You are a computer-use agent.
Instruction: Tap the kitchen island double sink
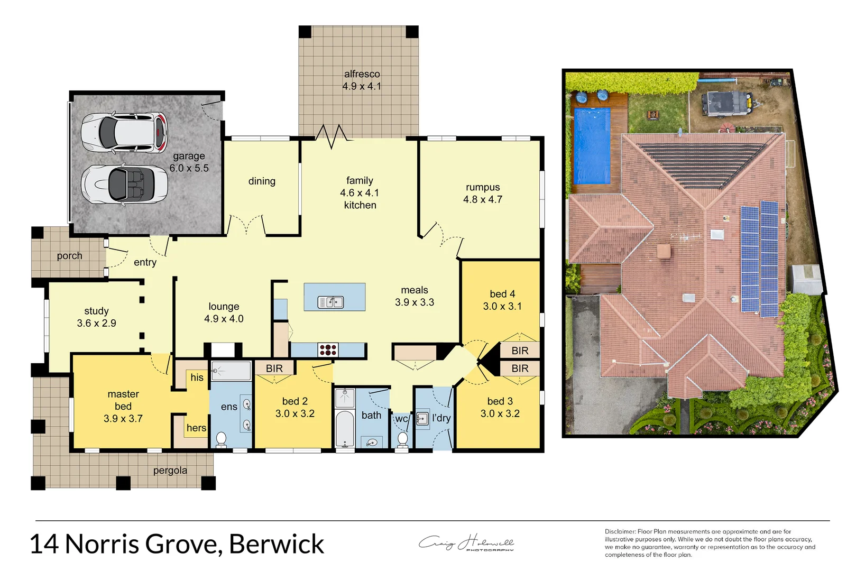tap(330, 302)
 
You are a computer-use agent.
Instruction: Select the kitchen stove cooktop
tap(328, 349)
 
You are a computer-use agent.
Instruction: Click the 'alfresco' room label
tap(362, 74)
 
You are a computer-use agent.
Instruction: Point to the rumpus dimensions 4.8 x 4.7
tap(482, 199)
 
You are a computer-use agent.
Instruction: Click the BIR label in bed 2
tap(274, 368)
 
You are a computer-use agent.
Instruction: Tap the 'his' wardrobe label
tap(197, 377)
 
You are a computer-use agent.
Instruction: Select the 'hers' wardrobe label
tap(196, 428)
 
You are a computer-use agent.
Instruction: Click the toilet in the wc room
tap(402, 438)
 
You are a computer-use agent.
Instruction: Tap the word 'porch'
tap(69, 256)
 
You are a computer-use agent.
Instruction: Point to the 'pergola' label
tap(170, 470)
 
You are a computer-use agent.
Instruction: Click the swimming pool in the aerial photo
tap(592, 146)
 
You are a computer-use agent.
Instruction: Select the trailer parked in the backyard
tap(725, 104)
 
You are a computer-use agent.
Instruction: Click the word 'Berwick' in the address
tap(277, 544)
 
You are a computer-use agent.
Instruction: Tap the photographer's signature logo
tap(466, 543)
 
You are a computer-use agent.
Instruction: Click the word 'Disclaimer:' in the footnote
tap(620, 531)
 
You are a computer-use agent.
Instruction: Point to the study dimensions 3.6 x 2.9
tap(96, 323)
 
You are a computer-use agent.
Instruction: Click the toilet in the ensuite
tap(221, 438)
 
